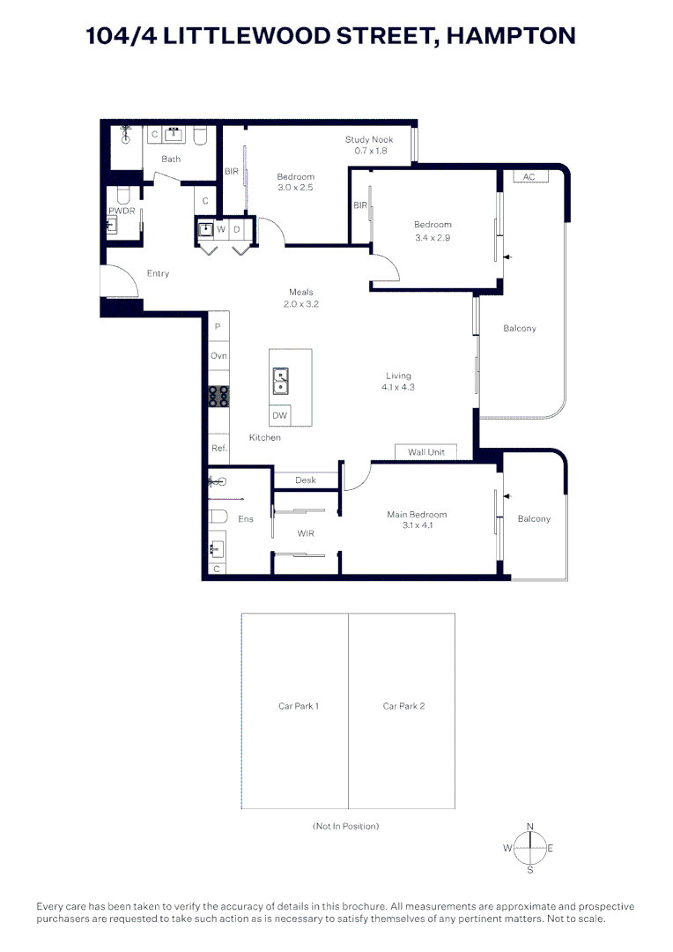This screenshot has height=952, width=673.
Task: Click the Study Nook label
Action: [x=368, y=139]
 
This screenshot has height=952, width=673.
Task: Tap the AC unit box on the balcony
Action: [x=529, y=176]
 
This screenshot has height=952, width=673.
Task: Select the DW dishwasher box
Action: [x=279, y=415]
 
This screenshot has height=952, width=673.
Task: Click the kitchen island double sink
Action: [x=280, y=380]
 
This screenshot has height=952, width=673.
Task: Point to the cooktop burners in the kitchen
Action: [x=218, y=397]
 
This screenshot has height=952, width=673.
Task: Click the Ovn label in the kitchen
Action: [x=218, y=355]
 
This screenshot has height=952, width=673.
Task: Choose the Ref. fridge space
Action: [x=218, y=448]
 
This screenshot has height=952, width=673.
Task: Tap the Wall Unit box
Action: [x=426, y=452]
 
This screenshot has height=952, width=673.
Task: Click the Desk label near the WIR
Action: [x=306, y=480]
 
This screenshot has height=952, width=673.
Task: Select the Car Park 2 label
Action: [x=403, y=706]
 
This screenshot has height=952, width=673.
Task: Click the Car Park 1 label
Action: [x=298, y=706]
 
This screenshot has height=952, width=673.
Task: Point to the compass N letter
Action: [x=529, y=826]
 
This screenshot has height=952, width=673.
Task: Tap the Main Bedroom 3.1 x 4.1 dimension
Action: [x=418, y=525]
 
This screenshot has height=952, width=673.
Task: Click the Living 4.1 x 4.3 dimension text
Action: [x=398, y=387]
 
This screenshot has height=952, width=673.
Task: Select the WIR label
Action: [x=306, y=533]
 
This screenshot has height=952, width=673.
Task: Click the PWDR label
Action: [x=121, y=212]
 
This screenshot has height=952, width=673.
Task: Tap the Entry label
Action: [x=158, y=273]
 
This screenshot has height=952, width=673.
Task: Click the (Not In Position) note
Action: [x=345, y=826]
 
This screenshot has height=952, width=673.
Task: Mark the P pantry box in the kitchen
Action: [x=218, y=326]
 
